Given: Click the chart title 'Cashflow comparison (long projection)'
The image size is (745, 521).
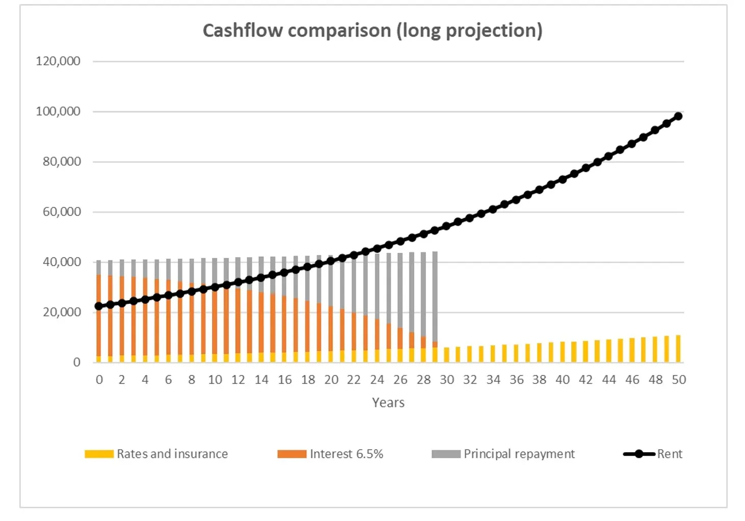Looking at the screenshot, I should coord(372,31).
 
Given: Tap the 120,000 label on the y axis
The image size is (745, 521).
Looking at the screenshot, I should coord(58,61).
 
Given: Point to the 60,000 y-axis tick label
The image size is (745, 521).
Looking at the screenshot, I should coord(62,212).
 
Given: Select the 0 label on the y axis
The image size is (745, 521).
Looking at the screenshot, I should coord(77,362).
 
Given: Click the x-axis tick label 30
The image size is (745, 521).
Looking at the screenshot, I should coord(447,380).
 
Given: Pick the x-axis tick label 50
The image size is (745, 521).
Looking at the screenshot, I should coord(679,380).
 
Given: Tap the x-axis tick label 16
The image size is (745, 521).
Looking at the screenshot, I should coord(284,380).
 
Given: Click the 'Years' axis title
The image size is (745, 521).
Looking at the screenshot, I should coord(388,403).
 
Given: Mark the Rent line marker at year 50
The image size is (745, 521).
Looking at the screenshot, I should coord(678,116).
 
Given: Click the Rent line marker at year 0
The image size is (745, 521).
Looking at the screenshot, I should coord(99,306).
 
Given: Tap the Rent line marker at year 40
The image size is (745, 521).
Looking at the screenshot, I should coord(563,179).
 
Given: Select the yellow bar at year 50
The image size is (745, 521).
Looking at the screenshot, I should coord(678,349).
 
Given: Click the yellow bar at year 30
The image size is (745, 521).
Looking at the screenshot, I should coord(447,355).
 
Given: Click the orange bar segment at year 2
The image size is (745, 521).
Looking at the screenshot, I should coord(122,316).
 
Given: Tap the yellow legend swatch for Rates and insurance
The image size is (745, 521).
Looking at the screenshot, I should coord(99,454).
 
